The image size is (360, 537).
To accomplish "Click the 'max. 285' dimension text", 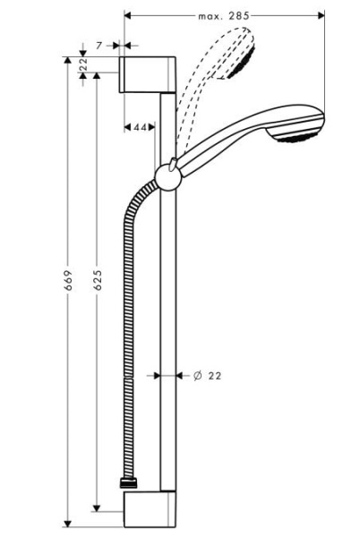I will click(x=224, y=16).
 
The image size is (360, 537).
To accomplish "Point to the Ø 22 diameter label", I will click(x=207, y=376).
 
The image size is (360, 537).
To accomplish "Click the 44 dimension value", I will click(x=139, y=128).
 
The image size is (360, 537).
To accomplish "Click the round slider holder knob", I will click(x=167, y=175).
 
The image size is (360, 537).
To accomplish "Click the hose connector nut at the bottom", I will click(x=129, y=484).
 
